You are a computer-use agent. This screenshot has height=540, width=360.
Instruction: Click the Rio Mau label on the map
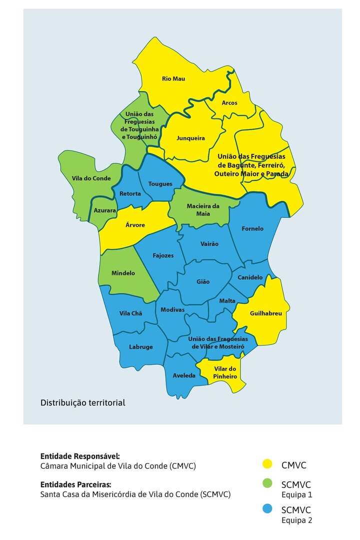click(x=173, y=78)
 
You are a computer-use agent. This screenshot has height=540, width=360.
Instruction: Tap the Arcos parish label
click(x=229, y=103)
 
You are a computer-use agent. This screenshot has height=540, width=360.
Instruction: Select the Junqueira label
click(x=191, y=138)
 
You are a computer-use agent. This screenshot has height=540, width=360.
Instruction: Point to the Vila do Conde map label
click(x=91, y=178)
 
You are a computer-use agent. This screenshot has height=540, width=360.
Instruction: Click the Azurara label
click(x=105, y=211)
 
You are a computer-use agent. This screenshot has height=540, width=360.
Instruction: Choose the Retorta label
click(x=130, y=194)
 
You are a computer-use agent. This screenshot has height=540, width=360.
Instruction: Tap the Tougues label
click(x=160, y=184)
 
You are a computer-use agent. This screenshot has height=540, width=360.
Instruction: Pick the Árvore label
click(x=135, y=225)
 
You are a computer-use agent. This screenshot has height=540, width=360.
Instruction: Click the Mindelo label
click(x=123, y=273)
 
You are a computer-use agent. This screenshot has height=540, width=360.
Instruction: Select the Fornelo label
click(x=252, y=229)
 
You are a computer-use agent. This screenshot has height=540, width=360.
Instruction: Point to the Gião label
click(x=203, y=282)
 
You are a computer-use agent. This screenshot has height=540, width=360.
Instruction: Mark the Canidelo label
click(x=250, y=277)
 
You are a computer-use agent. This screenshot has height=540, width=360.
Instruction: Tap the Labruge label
click(x=141, y=347)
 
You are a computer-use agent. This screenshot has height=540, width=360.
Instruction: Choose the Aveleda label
click(x=184, y=375)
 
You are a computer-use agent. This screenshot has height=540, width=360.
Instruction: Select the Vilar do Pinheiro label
click(x=224, y=373)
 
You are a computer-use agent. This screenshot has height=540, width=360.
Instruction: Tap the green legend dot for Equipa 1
click(x=267, y=484)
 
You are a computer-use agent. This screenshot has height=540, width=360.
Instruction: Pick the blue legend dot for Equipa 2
click(x=267, y=509)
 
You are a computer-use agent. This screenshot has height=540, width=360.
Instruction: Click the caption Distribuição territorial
click(x=83, y=403)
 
